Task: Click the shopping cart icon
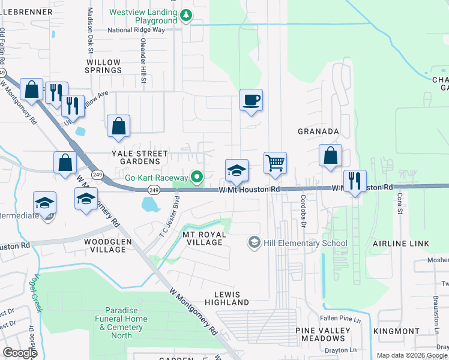click(x=275, y=163)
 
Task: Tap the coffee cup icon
click(x=251, y=100)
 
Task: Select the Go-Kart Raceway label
click(x=157, y=177)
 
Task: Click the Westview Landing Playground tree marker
click(x=186, y=16)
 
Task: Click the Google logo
click(x=20, y=352)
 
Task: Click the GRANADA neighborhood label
click(x=319, y=131)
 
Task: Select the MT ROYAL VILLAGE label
click(x=204, y=238)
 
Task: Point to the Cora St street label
click(x=399, y=208)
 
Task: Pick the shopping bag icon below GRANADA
click(x=330, y=155)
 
